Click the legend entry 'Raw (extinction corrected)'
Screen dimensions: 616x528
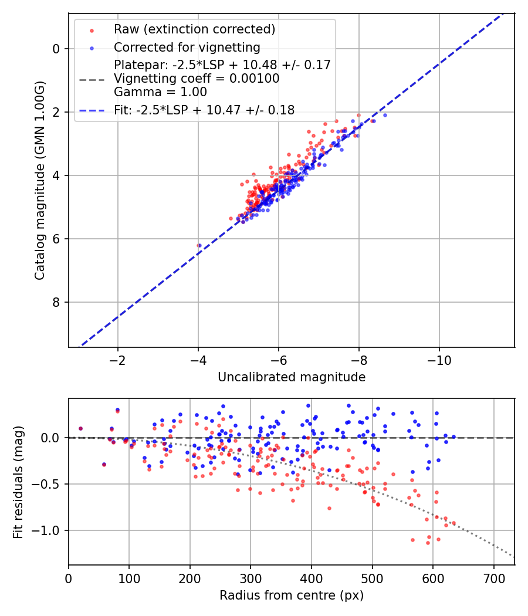tap(194, 29)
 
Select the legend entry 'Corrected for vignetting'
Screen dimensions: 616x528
tap(187, 47)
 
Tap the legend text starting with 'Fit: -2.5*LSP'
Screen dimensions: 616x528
tap(204, 110)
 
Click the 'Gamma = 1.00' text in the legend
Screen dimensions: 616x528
tap(160, 92)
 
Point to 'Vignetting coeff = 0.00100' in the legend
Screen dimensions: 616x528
tap(197, 79)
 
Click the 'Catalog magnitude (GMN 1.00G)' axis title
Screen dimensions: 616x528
tap(40, 180)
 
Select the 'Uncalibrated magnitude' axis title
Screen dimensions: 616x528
tap(292, 377)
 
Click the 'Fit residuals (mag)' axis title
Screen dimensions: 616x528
tap(18, 481)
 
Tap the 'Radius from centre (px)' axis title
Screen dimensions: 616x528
tap(292, 595)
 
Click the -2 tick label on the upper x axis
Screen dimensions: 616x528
tap(118, 359)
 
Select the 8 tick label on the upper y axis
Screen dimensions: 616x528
tap(56, 302)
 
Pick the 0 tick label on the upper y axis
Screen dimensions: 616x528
tap(56, 49)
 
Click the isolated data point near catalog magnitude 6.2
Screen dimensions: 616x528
tap(199, 245)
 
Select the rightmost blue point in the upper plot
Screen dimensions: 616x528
tap(385, 115)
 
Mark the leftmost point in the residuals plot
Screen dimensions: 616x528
tap(80, 428)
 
